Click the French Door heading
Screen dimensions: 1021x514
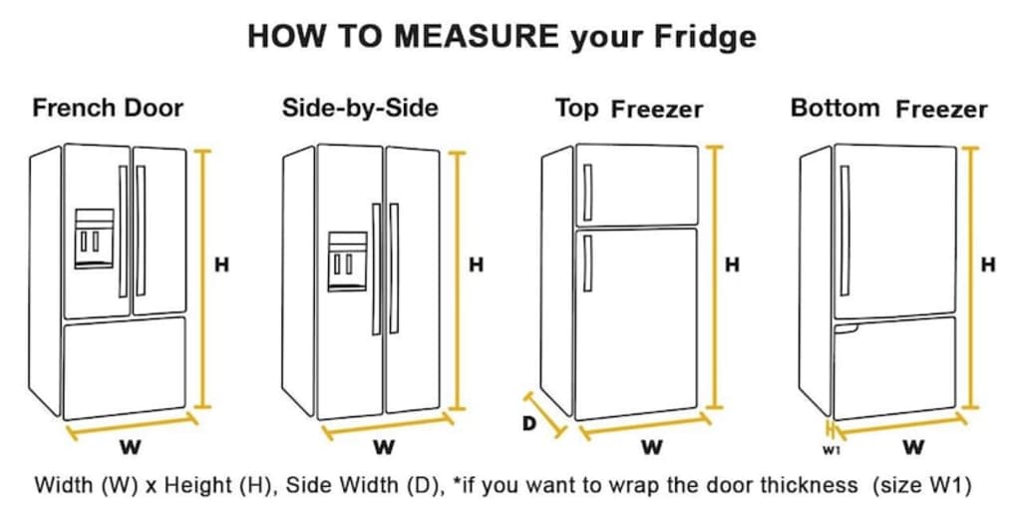[x=108, y=108]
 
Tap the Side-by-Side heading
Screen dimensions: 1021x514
[x=360, y=108]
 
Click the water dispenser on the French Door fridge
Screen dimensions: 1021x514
[x=95, y=239]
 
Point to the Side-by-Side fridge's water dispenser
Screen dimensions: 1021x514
[x=347, y=261]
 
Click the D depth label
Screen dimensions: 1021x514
[x=529, y=423]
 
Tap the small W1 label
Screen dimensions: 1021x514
[x=831, y=449]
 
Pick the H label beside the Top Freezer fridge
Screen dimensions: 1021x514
[x=732, y=265]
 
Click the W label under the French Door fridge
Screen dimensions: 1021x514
[x=131, y=447]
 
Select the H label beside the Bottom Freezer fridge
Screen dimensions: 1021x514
[x=988, y=265]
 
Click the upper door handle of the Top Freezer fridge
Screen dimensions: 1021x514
[x=587, y=193]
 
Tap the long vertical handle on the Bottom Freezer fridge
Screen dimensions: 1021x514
[x=845, y=231]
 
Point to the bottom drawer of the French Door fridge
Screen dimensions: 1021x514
[x=125, y=368]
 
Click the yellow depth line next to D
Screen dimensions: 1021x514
[x=544, y=415]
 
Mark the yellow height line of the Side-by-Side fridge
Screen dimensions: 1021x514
[x=458, y=280]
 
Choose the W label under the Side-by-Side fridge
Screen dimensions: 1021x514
[x=384, y=447]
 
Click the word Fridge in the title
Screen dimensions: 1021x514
[x=705, y=38]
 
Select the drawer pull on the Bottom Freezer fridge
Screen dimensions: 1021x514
[x=847, y=329]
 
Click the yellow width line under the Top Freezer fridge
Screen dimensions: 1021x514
[x=645, y=427]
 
